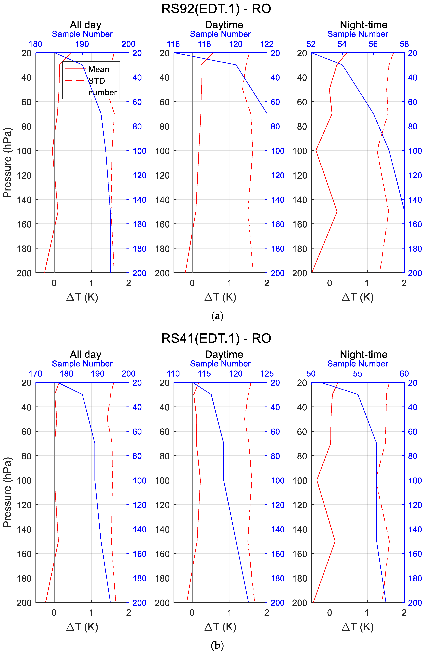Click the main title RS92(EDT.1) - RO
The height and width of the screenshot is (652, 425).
coord(216,9)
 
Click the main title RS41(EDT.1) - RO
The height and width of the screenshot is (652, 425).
coord(216,338)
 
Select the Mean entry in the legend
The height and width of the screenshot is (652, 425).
coord(99,69)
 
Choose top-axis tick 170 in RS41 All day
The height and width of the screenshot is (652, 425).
coord(36,374)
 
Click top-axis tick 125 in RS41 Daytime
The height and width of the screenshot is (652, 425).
coord(267,374)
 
